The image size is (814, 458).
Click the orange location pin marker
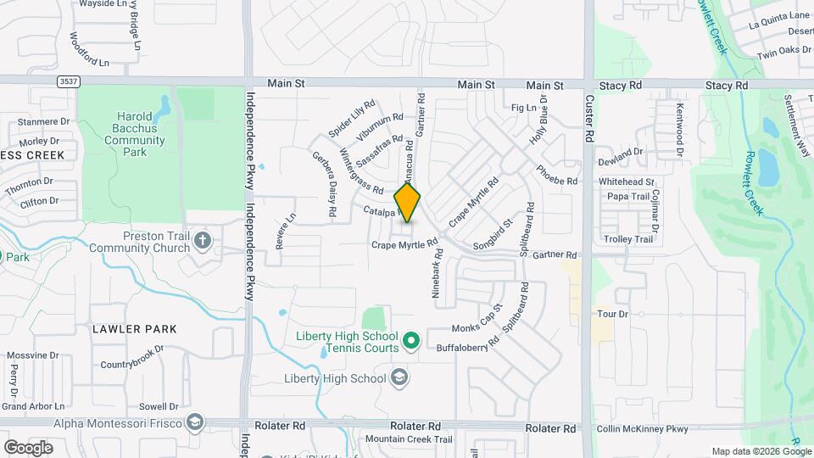click(x=408, y=204)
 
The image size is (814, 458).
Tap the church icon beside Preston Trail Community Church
click(x=202, y=241)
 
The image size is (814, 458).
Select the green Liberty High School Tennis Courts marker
click(x=411, y=342)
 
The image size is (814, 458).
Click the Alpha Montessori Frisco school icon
click(x=196, y=423)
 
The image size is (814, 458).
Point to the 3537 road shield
click(x=70, y=81)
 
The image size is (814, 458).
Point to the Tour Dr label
click(x=610, y=314)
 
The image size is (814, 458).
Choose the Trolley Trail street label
click(x=628, y=239)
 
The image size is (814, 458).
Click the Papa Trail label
click(x=628, y=196)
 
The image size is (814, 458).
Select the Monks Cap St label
click(x=477, y=319)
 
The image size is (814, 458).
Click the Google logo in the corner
click(x=28, y=447)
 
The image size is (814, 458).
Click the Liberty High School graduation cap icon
click(x=399, y=378)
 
